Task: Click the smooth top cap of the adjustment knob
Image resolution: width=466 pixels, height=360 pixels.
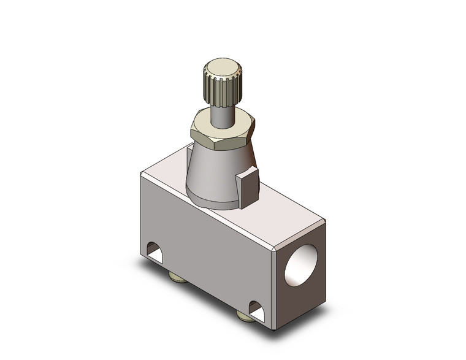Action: pos(222,67)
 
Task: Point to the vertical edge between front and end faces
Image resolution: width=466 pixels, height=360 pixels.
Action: pos(273,288)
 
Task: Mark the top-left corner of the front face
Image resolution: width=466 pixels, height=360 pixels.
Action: pos(143,176)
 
